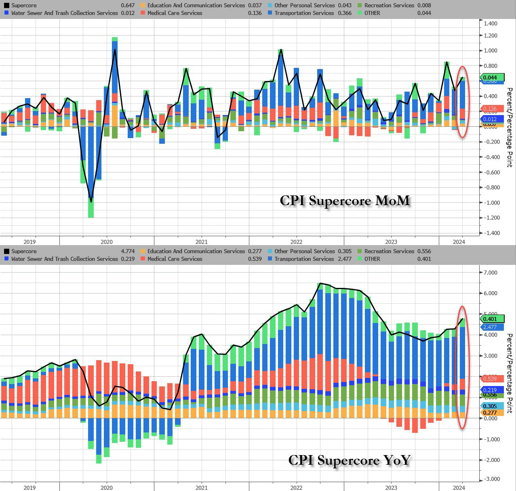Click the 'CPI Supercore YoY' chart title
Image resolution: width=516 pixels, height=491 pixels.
click(349, 460)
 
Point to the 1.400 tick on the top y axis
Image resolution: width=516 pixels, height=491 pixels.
click(490, 23)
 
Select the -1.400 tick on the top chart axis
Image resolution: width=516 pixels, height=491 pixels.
click(489, 233)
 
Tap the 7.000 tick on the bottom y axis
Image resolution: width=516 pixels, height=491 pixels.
click(490, 273)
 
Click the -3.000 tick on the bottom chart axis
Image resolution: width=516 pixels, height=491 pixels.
click(489, 479)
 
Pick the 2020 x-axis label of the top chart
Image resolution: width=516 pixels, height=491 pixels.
click(107, 242)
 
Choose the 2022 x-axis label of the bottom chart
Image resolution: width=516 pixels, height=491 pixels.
click(296, 488)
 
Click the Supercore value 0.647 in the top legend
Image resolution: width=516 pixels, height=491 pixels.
click(128, 5)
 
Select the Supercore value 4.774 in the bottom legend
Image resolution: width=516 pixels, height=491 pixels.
click(128, 251)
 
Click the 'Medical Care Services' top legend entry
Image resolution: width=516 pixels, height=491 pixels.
click(175, 13)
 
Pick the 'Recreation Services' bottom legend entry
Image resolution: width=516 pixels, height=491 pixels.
click(389, 251)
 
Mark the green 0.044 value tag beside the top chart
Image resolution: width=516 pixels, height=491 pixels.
click(491, 78)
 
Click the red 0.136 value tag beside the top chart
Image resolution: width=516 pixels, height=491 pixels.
click(491, 109)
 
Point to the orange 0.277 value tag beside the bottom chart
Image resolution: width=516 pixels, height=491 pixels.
click(491, 413)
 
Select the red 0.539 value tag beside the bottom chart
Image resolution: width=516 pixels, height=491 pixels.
click(491, 378)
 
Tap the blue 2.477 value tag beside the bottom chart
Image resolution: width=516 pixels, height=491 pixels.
click(491, 327)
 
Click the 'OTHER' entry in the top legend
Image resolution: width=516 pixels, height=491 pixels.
click(372, 13)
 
